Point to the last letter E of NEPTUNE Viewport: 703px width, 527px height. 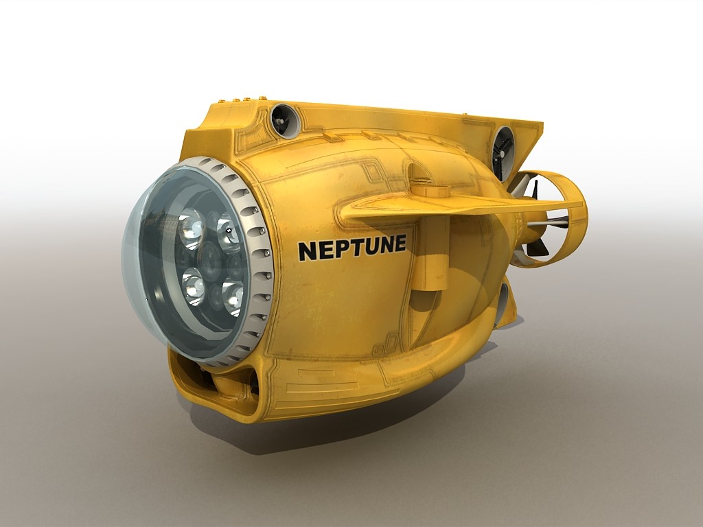[398, 243]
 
